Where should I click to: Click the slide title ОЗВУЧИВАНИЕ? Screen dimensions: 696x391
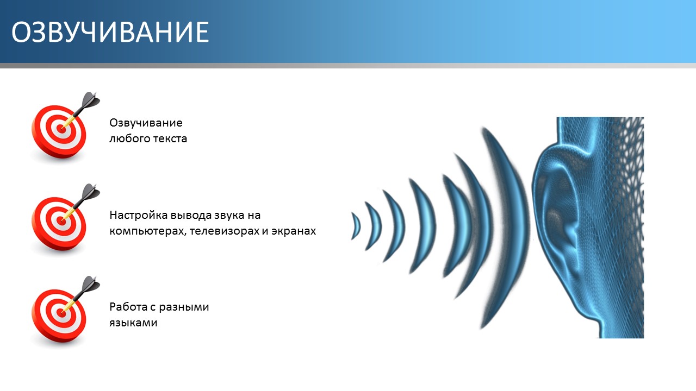point(110,32)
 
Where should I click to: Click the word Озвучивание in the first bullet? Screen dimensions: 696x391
point(146,123)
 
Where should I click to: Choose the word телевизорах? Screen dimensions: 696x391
point(224,231)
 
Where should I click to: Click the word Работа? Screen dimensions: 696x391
point(128,307)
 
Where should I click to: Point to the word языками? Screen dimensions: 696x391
point(133,323)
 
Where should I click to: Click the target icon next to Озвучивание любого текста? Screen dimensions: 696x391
point(65,127)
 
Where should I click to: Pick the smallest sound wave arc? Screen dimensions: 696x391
point(356,225)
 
